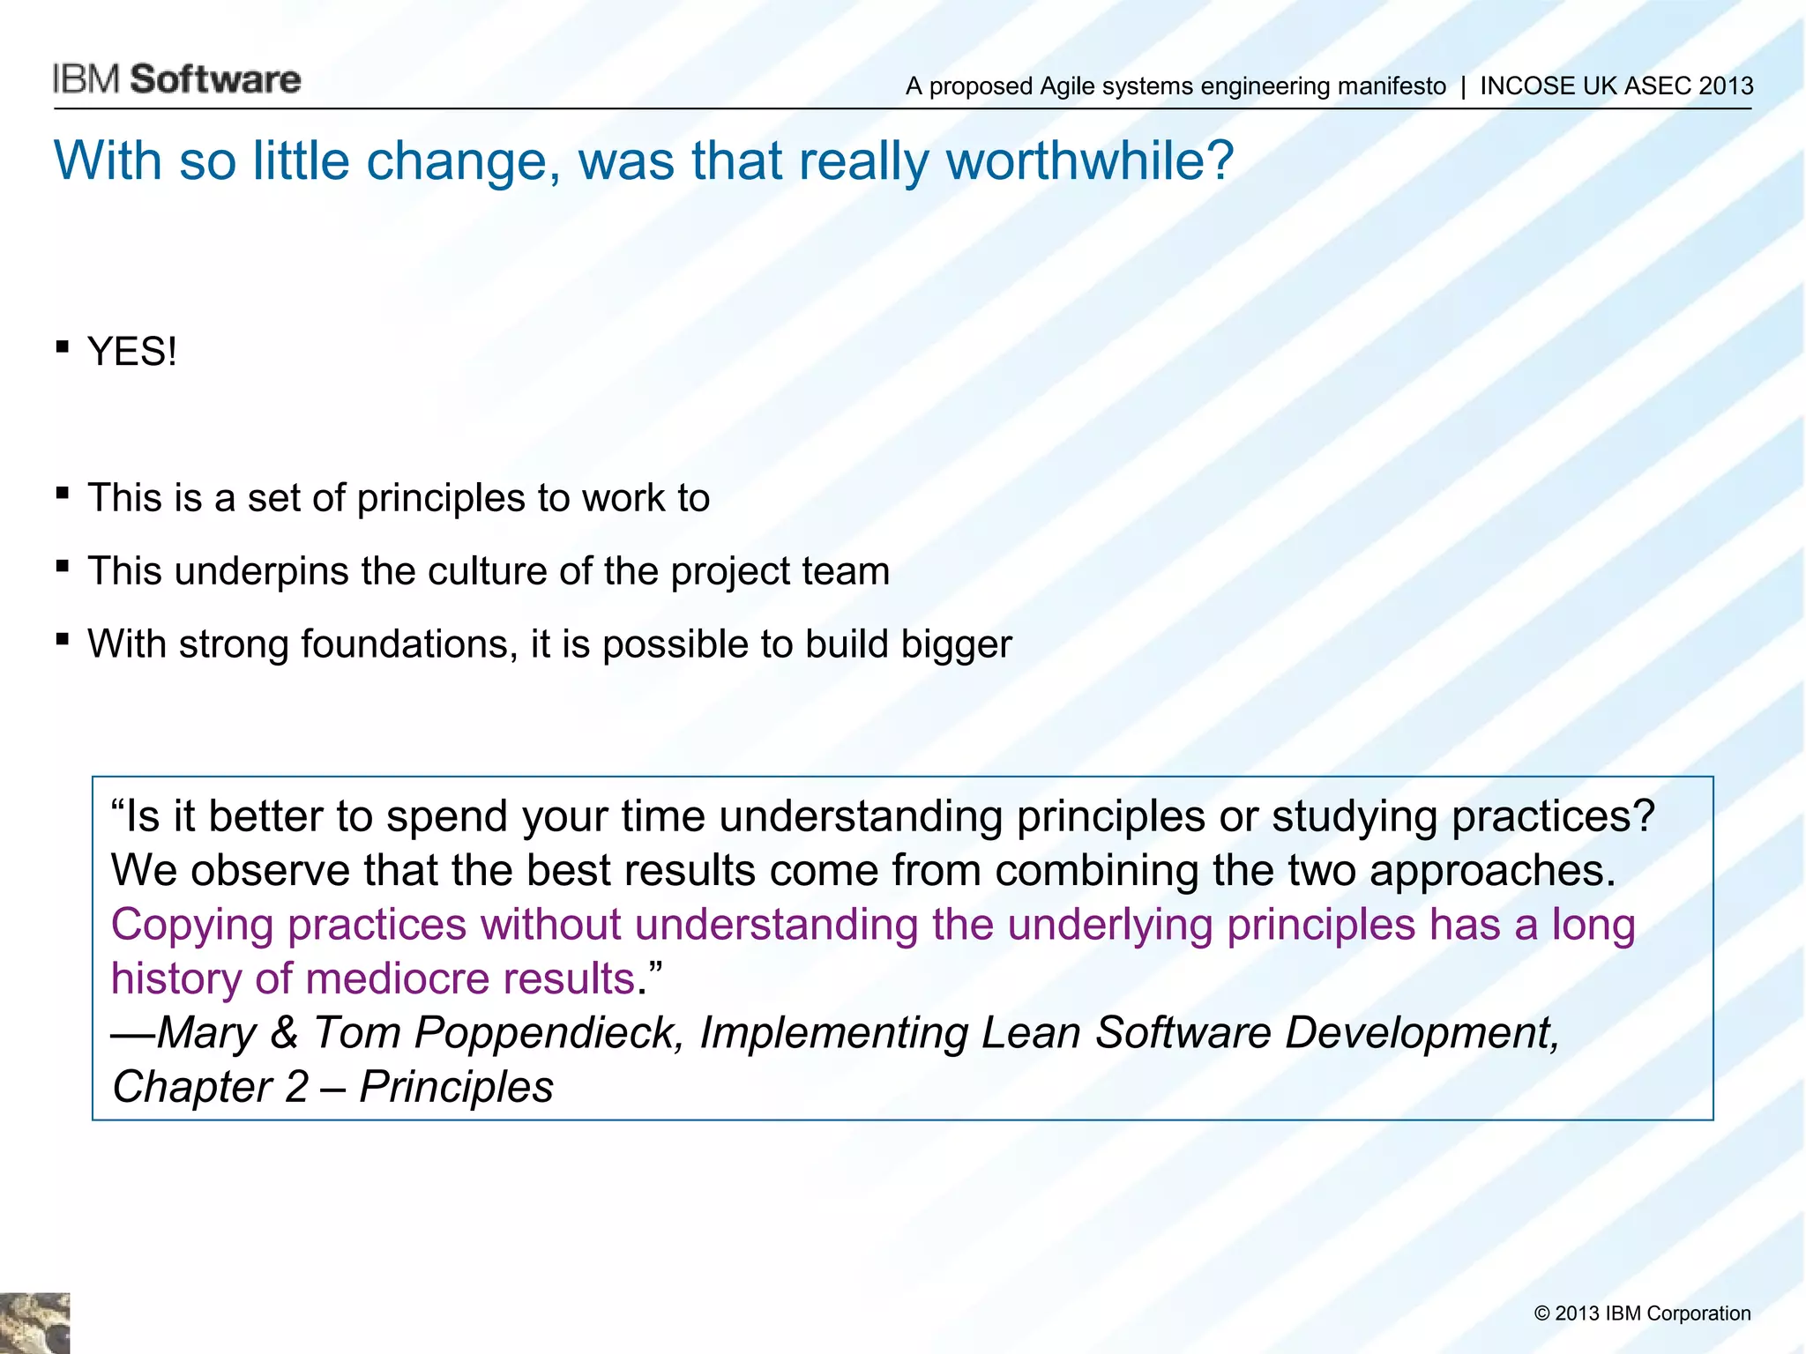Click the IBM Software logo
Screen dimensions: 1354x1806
(x=176, y=79)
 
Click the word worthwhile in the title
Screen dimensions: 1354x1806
(x=1089, y=161)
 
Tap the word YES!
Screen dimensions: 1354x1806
(x=132, y=352)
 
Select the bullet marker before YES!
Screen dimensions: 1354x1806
(x=62, y=347)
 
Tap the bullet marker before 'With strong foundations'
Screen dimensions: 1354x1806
(x=62, y=639)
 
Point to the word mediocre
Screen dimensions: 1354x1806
(x=397, y=978)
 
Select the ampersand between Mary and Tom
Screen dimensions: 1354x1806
(x=284, y=1032)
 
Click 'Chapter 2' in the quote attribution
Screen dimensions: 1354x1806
(x=210, y=1087)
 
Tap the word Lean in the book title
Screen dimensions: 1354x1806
(x=1030, y=1032)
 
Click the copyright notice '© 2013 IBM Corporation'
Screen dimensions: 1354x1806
(x=1642, y=1313)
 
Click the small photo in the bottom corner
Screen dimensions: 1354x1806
(x=34, y=1323)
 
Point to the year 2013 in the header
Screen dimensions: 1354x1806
(x=1726, y=86)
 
